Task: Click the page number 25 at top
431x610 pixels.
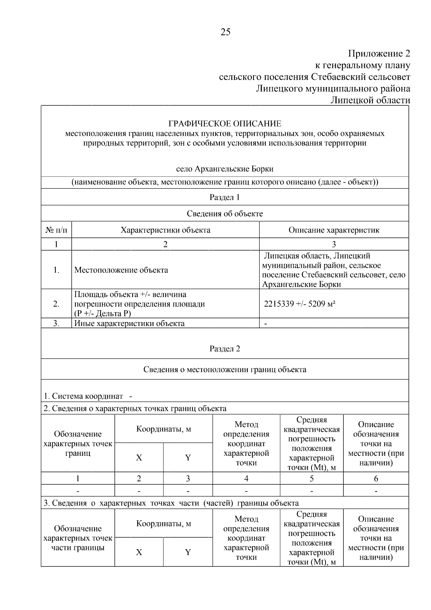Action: pos(226,32)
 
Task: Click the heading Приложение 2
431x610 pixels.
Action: pos(379,54)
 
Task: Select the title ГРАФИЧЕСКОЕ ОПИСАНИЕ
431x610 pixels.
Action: pos(225,124)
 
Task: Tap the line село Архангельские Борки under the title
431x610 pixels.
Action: pos(225,169)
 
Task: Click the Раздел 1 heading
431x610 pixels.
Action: pos(225,197)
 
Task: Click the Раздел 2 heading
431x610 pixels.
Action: pos(225,349)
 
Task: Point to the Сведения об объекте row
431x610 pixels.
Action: pos(225,214)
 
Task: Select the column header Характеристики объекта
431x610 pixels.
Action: pos(165,230)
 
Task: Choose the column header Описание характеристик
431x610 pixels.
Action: pos(334,230)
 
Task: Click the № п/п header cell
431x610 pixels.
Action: pos(56,230)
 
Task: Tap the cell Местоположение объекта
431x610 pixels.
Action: pos(121,270)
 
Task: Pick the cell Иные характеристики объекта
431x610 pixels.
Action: pos(129,323)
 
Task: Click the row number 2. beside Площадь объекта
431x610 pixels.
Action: pos(56,304)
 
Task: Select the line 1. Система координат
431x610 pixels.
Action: pos(88,396)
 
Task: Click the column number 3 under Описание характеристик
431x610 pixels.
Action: pos(334,244)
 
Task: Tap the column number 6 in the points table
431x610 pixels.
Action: pos(376,479)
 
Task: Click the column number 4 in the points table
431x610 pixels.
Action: pos(246,479)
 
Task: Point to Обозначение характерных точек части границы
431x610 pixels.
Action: pos(78,538)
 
